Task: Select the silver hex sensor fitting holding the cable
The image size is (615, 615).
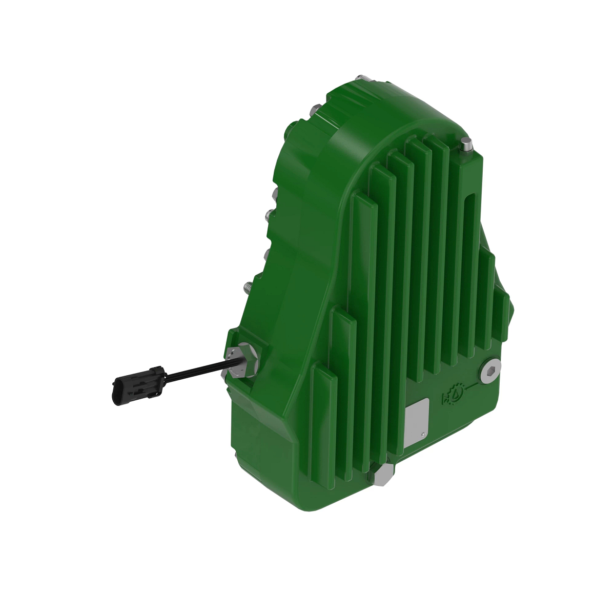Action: coord(240,360)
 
